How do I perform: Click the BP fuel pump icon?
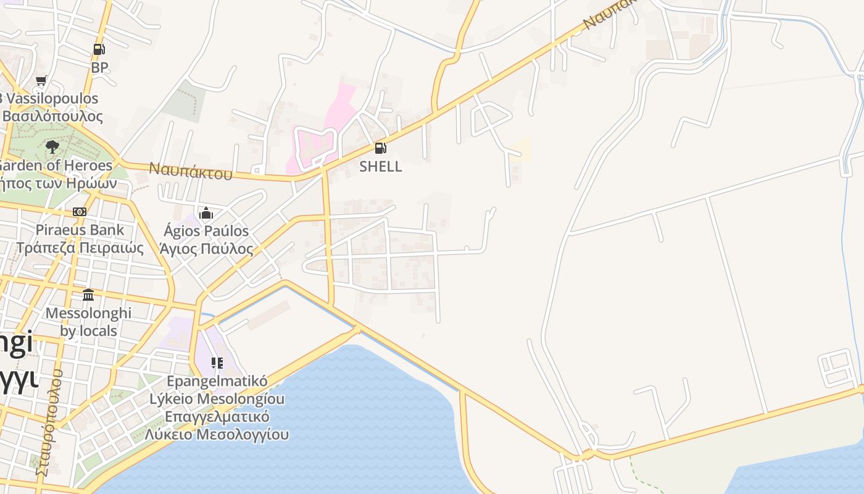(x=99, y=49)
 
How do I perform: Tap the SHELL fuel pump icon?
(x=380, y=148)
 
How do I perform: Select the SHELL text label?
(x=380, y=166)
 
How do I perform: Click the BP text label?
(x=99, y=67)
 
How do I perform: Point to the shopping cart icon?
(x=41, y=80)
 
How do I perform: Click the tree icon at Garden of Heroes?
(x=52, y=146)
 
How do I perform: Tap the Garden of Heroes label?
(x=56, y=165)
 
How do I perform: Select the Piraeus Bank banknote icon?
(x=80, y=212)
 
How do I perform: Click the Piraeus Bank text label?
(x=80, y=230)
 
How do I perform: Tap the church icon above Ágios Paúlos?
(x=206, y=214)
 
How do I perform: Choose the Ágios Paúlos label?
(x=206, y=231)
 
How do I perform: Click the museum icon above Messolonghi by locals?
(x=88, y=295)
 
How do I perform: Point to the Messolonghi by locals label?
(x=89, y=322)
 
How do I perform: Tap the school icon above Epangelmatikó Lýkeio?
(x=217, y=362)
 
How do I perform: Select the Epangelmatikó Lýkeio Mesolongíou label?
(x=217, y=390)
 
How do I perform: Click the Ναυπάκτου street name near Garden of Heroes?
(x=191, y=170)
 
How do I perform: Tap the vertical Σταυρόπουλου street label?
(x=49, y=423)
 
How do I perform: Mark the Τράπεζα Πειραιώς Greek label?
(x=80, y=248)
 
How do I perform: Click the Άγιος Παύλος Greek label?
(x=206, y=249)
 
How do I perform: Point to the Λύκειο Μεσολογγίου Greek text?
(x=217, y=434)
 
